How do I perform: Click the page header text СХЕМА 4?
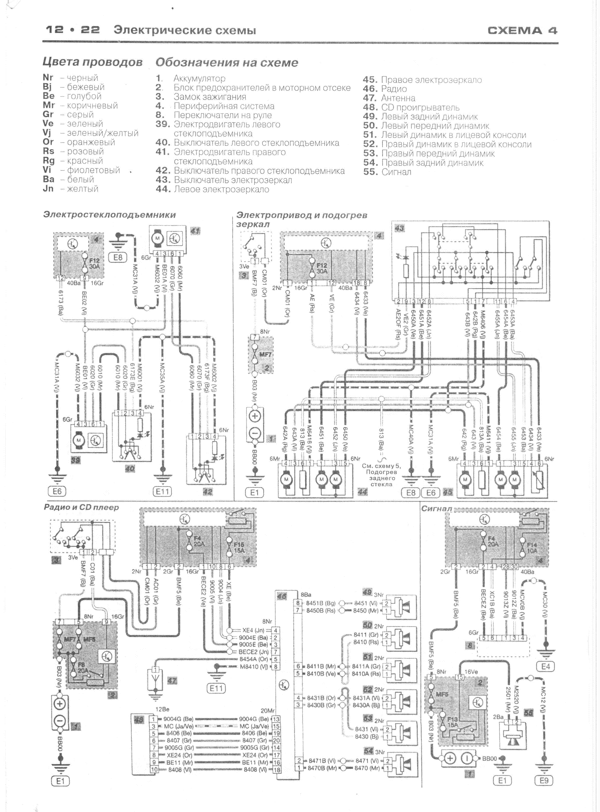[x=522, y=30]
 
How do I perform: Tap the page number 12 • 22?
[x=73, y=30]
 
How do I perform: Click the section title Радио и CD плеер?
[x=81, y=507]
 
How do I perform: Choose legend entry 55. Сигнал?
[x=387, y=172]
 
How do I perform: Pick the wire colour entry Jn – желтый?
[x=70, y=189]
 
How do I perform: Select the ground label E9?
[x=544, y=780]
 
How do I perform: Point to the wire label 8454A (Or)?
[x=253, y=659]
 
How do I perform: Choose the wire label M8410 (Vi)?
[x=254, y=667]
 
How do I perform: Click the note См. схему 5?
[x=378, y=466]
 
